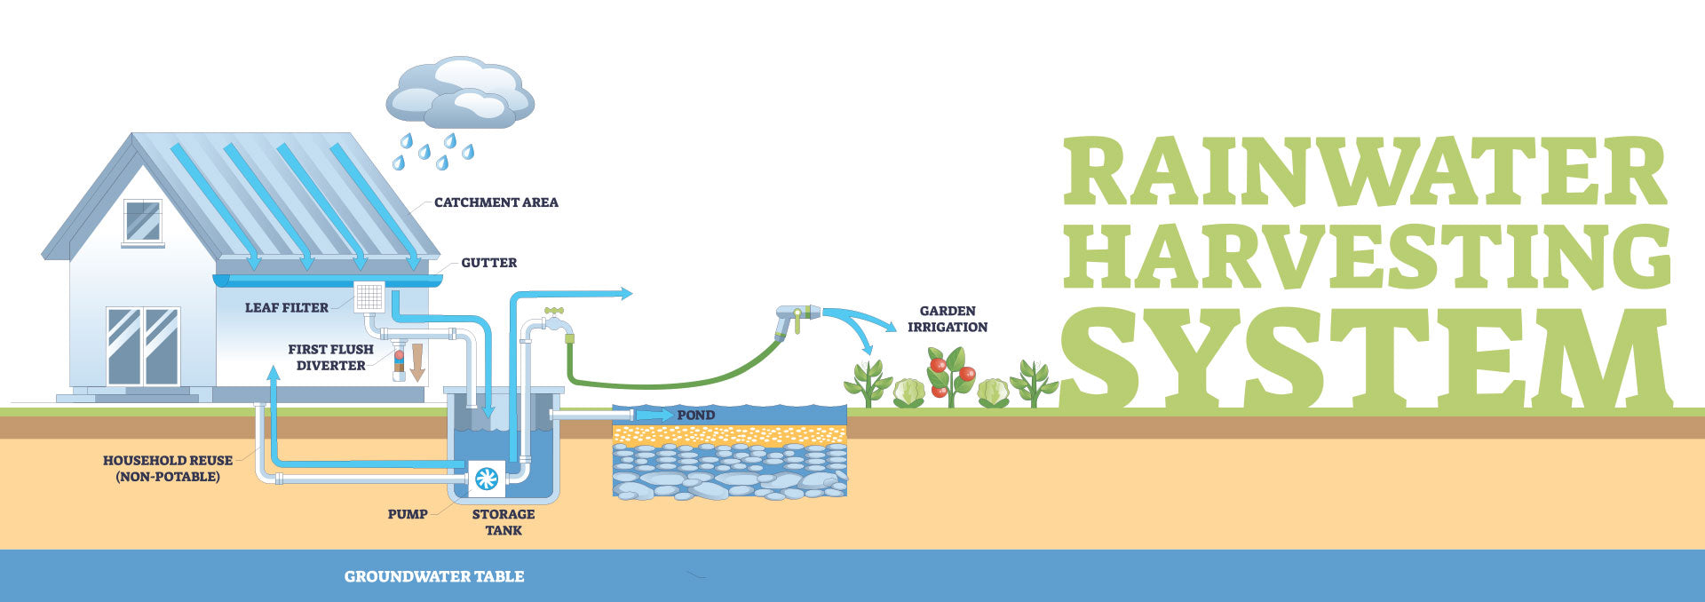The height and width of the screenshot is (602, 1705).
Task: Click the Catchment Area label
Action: [x=496, y=202]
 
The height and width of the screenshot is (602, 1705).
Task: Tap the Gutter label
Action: [x=488, y=263]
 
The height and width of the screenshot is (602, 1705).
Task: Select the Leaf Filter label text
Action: [x=286, y=308]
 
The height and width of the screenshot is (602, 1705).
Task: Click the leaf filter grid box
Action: [x=369, y=297]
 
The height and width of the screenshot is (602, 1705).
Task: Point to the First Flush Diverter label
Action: [x=330, y=357]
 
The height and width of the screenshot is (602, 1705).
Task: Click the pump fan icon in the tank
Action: [x=487, y=479]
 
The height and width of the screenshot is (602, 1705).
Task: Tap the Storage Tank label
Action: [x=504, y=522]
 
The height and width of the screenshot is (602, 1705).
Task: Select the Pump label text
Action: [x=408, y=514]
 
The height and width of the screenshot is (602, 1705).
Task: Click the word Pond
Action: [x=695, y=416]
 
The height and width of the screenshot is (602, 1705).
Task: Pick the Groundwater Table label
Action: [x=434, y=576]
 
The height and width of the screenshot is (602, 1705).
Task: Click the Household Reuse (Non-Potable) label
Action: [x=168, y=469]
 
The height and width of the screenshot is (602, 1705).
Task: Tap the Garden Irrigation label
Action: [x=948, y=319]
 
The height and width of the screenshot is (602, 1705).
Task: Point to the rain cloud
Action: [x=459, y=93]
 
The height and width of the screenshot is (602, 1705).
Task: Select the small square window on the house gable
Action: [x=142, y=221]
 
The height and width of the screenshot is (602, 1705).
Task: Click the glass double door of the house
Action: [x=143, y=346]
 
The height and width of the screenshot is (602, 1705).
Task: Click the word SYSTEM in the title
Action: [x=1366, y=359]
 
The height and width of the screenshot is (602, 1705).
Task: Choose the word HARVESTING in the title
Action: [x=1366, y=257]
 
